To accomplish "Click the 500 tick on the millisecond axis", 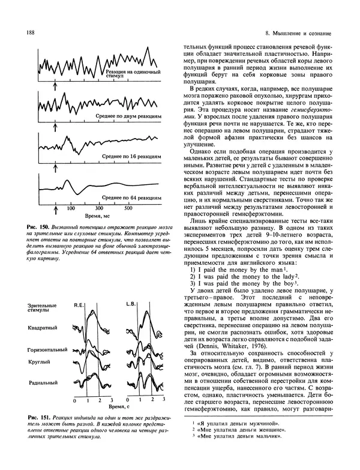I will coord(128,209).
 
